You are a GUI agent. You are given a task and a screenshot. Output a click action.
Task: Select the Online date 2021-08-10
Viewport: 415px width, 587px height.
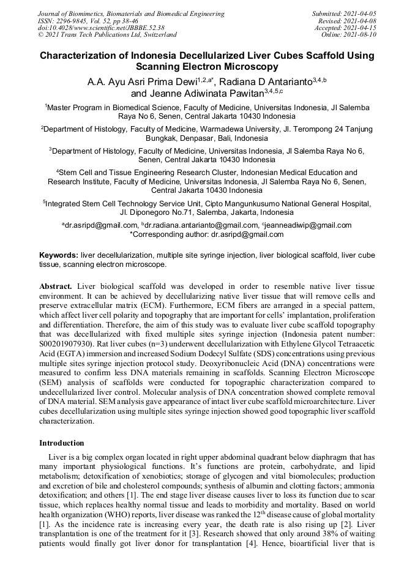361,35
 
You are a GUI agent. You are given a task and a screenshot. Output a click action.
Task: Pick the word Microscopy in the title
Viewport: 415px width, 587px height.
247,67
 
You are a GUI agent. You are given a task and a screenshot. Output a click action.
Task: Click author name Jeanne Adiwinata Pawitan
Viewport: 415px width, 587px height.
206,94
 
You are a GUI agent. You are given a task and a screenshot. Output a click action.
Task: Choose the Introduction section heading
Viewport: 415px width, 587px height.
62,443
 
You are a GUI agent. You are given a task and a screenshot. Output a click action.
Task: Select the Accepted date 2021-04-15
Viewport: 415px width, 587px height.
361,28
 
